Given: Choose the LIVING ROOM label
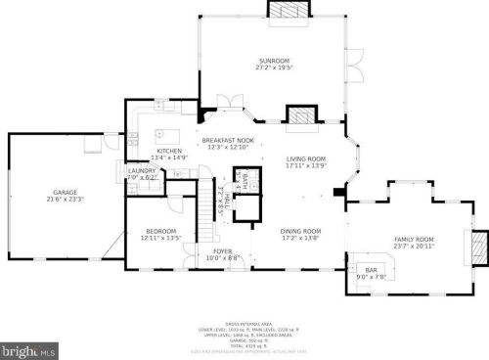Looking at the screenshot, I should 305,158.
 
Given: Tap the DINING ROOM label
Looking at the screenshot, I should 301,231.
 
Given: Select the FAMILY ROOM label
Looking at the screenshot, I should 413,240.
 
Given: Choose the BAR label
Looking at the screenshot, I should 372,269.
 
